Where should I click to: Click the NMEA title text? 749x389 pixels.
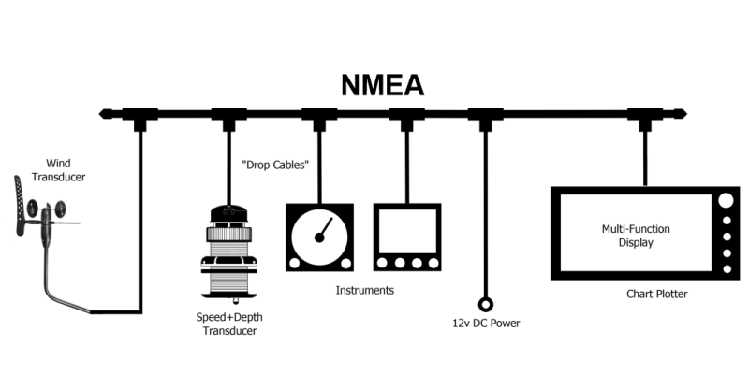(x=381, y=85)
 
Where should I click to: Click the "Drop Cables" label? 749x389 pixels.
(x=275, y=166)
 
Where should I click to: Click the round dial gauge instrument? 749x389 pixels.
(x=318, y=238)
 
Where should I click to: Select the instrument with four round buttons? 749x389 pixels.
(x=407, y=238)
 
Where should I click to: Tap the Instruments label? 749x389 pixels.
(x=365, y=291)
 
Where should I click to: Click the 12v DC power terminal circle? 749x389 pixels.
(x=485, y=304)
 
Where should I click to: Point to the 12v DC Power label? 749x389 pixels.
(x=486, y=324)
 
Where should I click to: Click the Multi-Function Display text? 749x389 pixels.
(x=636, y=236)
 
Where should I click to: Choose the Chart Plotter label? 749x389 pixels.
(x=657, y=295)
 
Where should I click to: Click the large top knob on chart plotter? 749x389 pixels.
(x=726, y=200)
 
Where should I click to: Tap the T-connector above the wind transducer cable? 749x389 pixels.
(x=141, y=116)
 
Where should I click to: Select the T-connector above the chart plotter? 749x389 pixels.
(x=645, y=116)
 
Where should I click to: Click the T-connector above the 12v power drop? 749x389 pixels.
(x=485, y=116)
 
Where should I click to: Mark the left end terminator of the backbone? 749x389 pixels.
(x=106, y=114)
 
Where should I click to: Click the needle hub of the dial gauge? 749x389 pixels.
(x=318, y=238)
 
